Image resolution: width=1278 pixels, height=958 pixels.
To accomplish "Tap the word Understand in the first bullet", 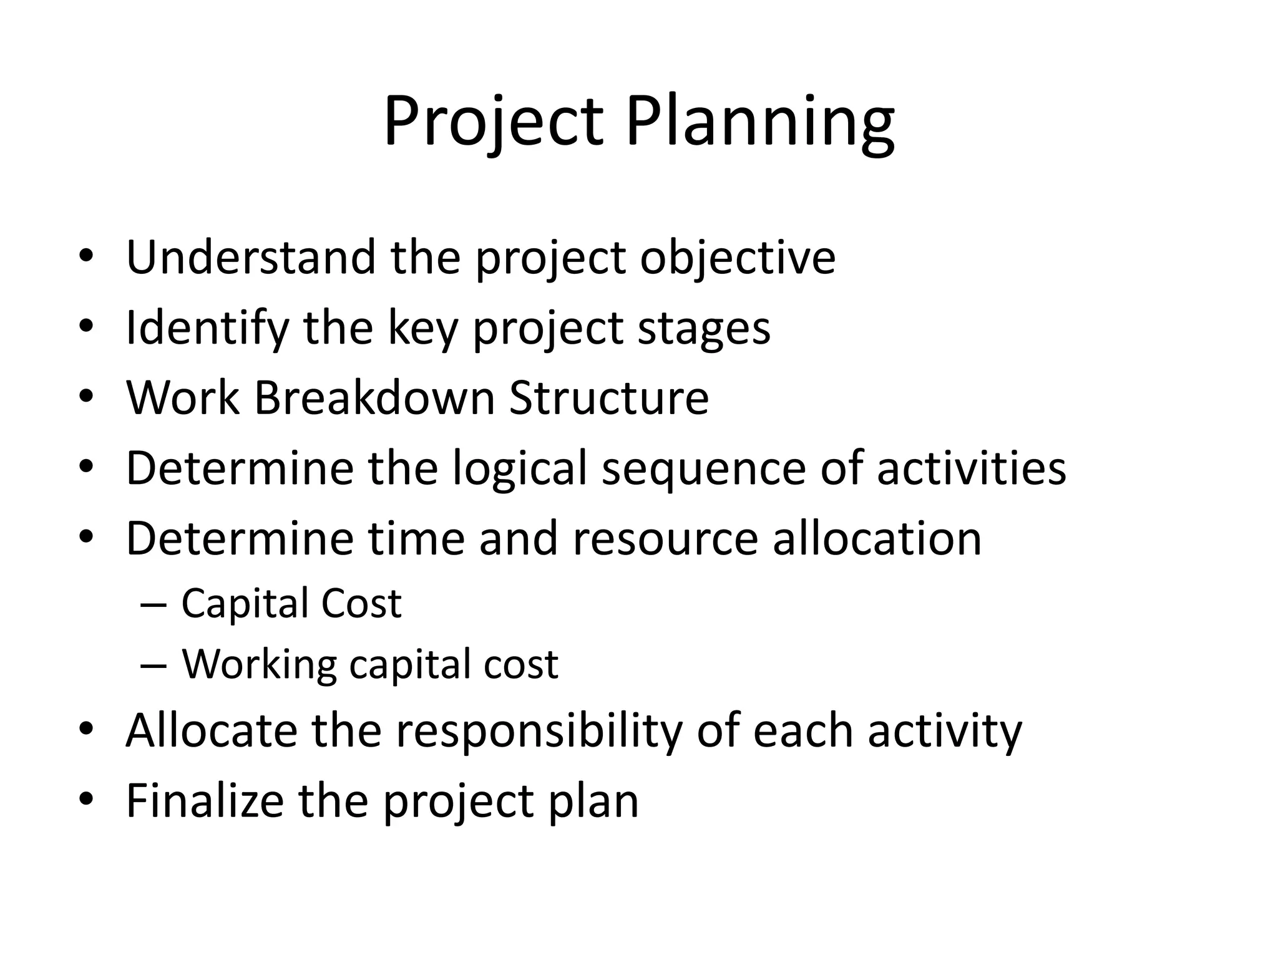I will pos(250,257).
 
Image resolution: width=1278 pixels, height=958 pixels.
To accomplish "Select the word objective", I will pos(738,258).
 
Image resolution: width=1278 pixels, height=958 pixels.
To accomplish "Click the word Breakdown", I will pos(374,397).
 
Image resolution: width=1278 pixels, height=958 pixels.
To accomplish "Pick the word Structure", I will pos(608,397).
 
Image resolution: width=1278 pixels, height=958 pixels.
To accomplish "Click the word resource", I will pos(665,538).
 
